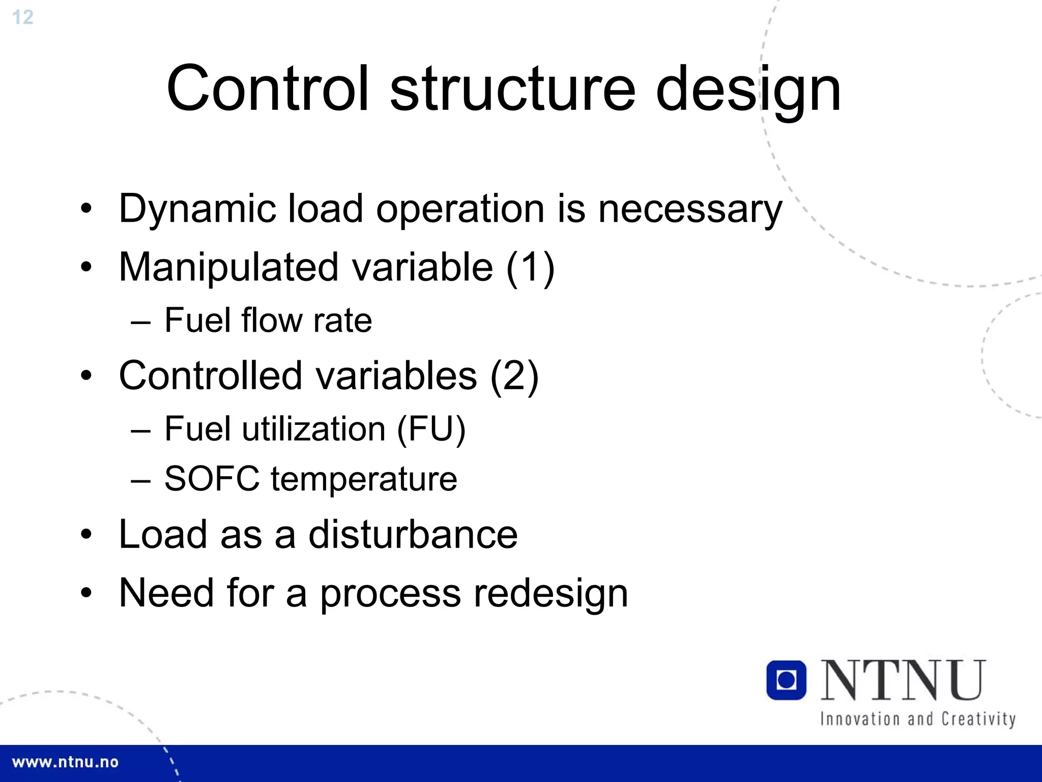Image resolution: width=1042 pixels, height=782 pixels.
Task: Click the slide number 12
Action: (x=22, y=17)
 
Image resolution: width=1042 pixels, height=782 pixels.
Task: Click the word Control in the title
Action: (x=267, y=89)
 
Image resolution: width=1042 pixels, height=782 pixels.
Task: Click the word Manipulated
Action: (x=228, y=268)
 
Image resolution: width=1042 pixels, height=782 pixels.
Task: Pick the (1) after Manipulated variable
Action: (x=530, y=268)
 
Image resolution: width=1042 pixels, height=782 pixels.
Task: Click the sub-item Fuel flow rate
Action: (x=268, y=321)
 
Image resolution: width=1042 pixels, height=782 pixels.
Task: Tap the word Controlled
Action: (x=210, y=375)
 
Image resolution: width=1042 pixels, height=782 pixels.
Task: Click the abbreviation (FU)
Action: (x=430, y=429)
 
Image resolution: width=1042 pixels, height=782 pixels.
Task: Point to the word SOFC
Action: (x=212, y=479)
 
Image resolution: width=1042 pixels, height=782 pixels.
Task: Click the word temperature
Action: (x=364, y=480)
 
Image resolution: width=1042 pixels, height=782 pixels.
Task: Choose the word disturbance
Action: (x=413, y=535)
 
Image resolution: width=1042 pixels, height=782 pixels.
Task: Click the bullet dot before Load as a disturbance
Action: (x=86, y=535)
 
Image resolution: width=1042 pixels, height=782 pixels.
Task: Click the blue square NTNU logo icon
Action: (x=786, y=680)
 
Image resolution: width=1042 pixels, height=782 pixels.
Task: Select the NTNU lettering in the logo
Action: (x=904, y=680)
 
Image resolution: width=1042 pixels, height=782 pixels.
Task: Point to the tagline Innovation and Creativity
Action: (x=917, y=719)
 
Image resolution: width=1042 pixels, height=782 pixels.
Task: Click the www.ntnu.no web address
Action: (x=65, y=762)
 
